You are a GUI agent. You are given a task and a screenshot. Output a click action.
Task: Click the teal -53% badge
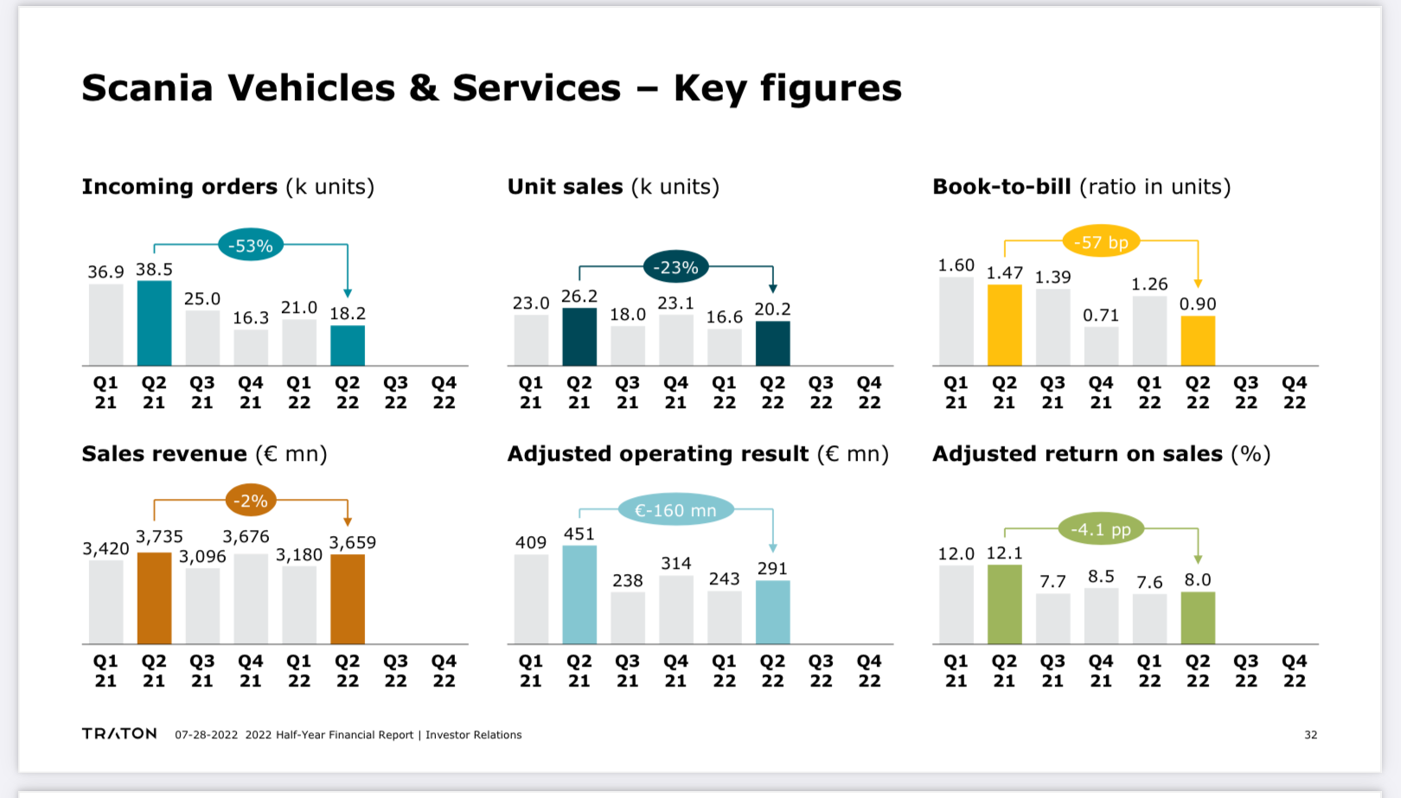(x=251, y=246)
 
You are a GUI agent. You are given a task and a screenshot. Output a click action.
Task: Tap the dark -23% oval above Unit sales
(x=675, y=267)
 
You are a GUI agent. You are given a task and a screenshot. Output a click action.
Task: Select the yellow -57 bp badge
(x=1101, y=242)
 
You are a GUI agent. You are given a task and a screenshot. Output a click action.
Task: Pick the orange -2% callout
(x=251, y=501)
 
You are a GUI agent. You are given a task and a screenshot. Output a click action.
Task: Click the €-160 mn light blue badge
(x=675, y=510)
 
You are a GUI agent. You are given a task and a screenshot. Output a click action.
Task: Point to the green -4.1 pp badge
(x=1101, y=529)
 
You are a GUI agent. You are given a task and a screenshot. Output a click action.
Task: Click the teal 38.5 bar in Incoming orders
(x=154, y=323)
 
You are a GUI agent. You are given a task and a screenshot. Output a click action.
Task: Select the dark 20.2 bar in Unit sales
(x=772, y=343)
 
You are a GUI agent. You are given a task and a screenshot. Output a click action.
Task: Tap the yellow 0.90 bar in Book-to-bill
(x=1198, y=341)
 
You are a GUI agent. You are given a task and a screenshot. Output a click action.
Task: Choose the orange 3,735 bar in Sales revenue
(x=154, y=598)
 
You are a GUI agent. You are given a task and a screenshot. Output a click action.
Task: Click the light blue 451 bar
(x=579, y=595)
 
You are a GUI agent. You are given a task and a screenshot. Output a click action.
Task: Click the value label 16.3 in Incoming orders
(x=251, y=318)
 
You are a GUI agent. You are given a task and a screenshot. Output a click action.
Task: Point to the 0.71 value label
(x=1101, y=316)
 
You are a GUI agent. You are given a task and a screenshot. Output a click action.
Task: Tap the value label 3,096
(x=202, y=557)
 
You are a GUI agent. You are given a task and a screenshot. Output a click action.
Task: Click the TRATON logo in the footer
(x=119, y=734)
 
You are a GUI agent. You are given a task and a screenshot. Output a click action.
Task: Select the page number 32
(x=1310, y=735)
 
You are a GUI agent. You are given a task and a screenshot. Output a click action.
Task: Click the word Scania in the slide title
(x=147, y=88)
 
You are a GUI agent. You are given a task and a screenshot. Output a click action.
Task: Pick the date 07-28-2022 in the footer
(x=206, y=735)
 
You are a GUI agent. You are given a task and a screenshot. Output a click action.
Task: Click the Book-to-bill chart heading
(x=1001, y=187)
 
